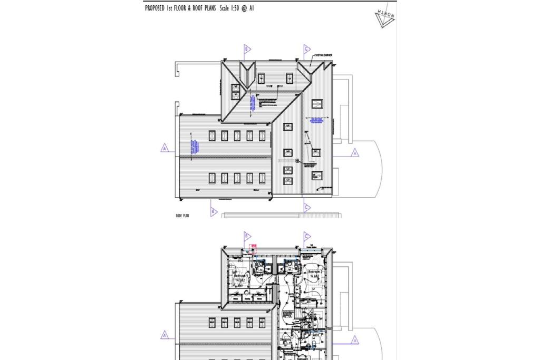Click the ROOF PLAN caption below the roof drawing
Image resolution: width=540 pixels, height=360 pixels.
[182, 216]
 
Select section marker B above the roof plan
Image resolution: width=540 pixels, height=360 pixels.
[246, 49]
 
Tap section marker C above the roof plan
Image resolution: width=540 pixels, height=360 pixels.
[306, 49]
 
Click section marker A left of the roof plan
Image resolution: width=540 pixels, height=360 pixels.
[165, 149]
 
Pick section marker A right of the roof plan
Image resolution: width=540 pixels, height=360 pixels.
[354, 153]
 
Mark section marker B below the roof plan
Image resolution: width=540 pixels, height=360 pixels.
[213, 211]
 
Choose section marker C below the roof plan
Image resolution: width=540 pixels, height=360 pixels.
[306, 208]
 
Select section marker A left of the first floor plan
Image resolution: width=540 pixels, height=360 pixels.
[165, 335]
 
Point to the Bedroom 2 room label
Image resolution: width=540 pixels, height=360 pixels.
[315, 272]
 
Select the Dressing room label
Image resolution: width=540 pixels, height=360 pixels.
[285, 340]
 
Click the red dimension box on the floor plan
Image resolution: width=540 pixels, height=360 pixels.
[254, 245]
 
